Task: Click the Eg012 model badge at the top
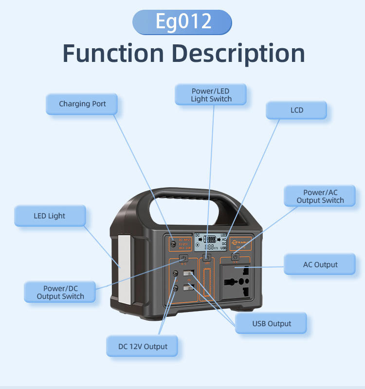[182, 22]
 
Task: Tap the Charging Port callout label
[82, 104]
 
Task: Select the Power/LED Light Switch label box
[211, 95]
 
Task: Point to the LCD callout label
[296, 110]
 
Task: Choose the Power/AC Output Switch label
[320, 196]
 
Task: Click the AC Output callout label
[320, 265]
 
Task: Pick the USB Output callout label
[271, 323]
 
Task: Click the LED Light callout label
[49, 216]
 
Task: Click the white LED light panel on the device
[126, 271]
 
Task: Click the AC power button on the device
[235, 257]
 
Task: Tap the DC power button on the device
[184, 258]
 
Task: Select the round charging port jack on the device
[172, 242]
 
